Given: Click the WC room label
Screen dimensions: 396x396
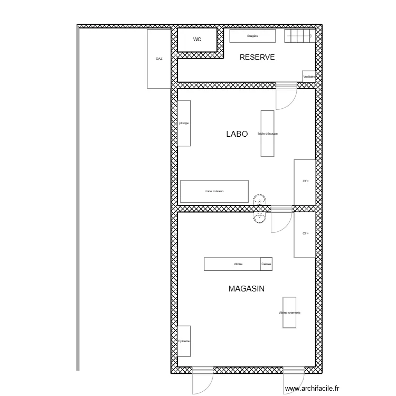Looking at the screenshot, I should [197, 40].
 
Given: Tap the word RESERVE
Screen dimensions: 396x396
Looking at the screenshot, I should [257, 58].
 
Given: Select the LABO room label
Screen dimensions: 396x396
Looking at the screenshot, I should [237, 135].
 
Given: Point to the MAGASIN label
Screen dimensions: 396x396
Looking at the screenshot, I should [247, 289].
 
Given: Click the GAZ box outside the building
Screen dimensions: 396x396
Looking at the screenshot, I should [159, 59].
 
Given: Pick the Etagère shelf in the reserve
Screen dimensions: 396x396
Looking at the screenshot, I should [252, 36].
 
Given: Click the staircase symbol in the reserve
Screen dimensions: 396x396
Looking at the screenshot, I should [299, 36].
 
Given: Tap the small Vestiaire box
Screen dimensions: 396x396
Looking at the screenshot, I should [309, 77].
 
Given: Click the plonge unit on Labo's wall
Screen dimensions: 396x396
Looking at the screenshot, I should [184, 123].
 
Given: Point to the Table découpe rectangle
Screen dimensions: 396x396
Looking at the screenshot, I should [268, 134].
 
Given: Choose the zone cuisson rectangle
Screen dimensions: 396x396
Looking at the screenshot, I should [214, 192].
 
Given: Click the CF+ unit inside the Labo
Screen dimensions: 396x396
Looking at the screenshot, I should [305, 182].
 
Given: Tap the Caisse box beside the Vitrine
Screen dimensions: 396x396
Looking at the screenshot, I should [266, 264].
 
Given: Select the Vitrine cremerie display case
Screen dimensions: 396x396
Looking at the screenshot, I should [289, 312].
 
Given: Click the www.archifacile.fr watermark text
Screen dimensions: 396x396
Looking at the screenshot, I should [313, 389].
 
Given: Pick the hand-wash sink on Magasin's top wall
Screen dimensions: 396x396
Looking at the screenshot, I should [259, 216].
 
